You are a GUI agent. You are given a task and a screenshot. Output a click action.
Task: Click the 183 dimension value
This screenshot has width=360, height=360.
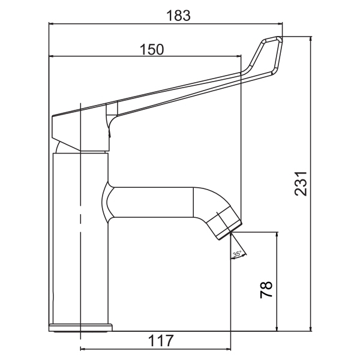(x=178, y=16)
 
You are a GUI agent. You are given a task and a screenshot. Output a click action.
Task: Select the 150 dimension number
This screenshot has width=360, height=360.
(x=152, y=49)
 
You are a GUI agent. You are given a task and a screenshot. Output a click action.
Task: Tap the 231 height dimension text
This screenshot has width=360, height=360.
(x=301, y=184)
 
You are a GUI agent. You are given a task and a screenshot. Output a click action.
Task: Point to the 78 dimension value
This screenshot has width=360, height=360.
(x=266, y=290)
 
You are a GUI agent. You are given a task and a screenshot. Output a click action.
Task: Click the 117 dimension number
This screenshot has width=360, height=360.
(x=160, y=340)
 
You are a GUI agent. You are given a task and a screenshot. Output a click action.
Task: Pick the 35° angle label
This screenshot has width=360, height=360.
(x=237, y=254)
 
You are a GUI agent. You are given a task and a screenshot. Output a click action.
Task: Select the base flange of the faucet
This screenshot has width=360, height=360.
(x=81, y=328)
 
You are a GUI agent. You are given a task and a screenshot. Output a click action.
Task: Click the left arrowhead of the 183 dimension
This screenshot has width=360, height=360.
(x=52, y=23)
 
